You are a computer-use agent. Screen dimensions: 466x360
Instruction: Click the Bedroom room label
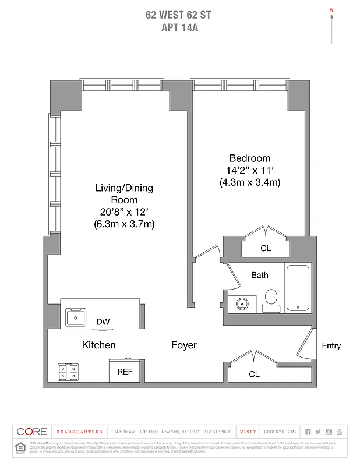click(x=249, y=158)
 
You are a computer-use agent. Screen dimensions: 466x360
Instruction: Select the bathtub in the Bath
click(x=297, y=287)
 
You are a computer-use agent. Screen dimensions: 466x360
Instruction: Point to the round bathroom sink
click(x=242, y=304)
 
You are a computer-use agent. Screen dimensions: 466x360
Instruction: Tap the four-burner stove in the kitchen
click(x=68, y=372)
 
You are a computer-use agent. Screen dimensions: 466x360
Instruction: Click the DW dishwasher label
click(x=103, y=322)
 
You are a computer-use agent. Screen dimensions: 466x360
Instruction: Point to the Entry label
click(x=331, y=346)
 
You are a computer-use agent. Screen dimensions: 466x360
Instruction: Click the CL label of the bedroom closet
click(x=266, y=248)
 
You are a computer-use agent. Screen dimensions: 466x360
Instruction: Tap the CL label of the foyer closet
click(x=254, y=375)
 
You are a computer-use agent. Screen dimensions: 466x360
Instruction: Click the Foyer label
click(x=183, y=345)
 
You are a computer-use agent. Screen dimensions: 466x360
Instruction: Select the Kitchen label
click(x=98, y=345)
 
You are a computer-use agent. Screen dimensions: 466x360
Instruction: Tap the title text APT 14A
click(x=179, y=27)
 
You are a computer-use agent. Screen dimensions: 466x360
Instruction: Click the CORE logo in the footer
click(x=31, y=432)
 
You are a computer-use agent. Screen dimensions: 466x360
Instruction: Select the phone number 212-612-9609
click(x=218, y=432)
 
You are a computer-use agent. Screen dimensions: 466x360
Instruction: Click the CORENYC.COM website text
click(x=280, y=432)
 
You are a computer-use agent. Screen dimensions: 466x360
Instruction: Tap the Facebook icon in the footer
click(x=308, y=432)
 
